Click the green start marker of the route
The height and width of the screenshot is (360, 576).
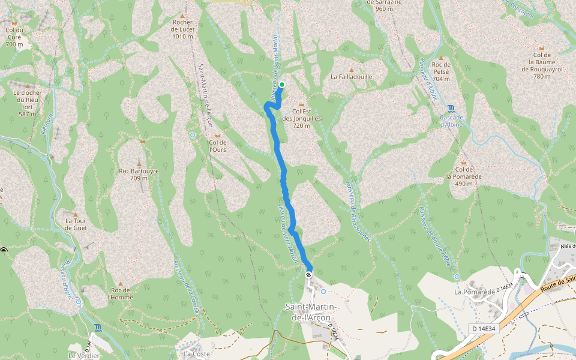click(x=281, y=85)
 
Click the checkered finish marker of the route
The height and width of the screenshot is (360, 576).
click(x=308, y=274)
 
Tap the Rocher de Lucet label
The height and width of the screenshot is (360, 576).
click(x=182, y=29)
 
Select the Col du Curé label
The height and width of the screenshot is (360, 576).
click(x=14, y=37)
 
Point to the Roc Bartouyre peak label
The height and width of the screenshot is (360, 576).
click(x=139, y=174)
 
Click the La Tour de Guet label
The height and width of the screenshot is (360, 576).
click(x=76, y=224)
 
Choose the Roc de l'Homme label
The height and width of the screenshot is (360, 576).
click(x=120, y=293)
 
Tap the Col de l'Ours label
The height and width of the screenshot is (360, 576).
click(x=217, y=146)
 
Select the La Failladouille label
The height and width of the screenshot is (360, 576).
click(x=352, y=77)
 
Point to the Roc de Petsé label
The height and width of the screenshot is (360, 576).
click(x=440, y=71)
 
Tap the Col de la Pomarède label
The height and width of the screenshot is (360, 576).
click(x=464, y=176)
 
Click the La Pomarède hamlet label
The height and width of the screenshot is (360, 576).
click(x=474, y=292)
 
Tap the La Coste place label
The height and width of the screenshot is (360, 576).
click(x=197, y=354)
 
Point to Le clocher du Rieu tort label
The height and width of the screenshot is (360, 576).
click(x=27, y=103)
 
